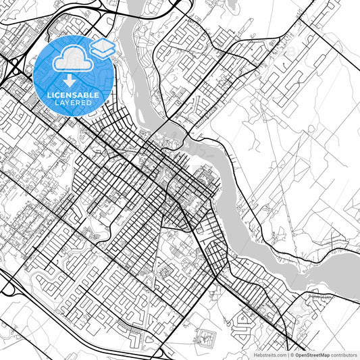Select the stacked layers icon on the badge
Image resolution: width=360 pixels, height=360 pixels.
click(103, 47)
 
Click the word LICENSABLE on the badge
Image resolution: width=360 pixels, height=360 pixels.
click(73, 95)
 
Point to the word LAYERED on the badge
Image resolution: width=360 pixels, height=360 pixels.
click(73, 103)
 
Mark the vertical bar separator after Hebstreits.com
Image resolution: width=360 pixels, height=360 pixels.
click(286, 354)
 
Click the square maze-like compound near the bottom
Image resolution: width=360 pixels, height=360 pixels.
click(205, 336)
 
